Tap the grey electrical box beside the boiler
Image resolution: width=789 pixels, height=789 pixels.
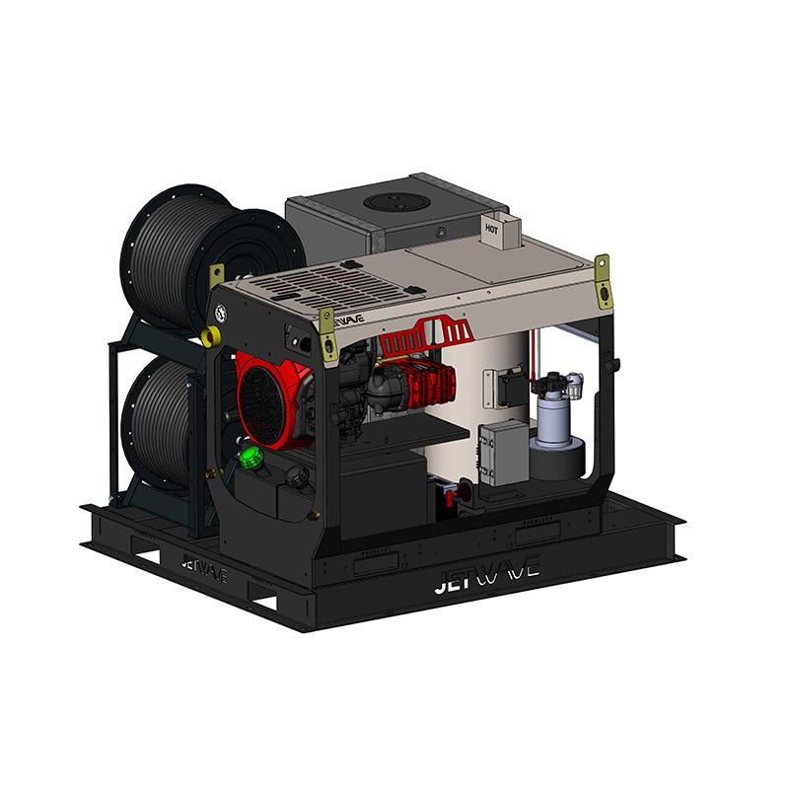[x=503, y=451]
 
